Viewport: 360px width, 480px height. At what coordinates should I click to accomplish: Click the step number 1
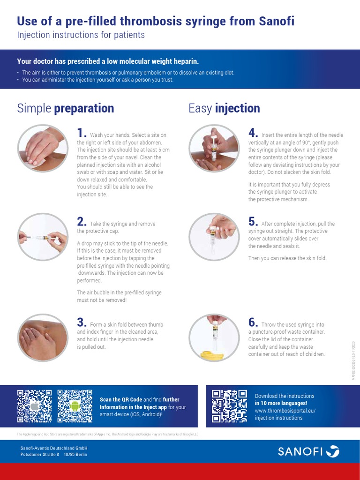click(82, 134)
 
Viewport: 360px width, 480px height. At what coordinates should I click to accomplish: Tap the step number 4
click(253, 134)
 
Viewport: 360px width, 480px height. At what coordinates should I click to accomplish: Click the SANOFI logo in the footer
click(308, 452)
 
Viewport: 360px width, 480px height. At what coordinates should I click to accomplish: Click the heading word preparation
click(84, 108)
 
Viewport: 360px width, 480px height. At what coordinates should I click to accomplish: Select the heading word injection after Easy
click(237, 108)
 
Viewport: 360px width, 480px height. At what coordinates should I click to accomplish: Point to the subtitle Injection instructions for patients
click(81, 35)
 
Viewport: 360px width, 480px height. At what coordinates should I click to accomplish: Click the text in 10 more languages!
click(281, 403)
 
